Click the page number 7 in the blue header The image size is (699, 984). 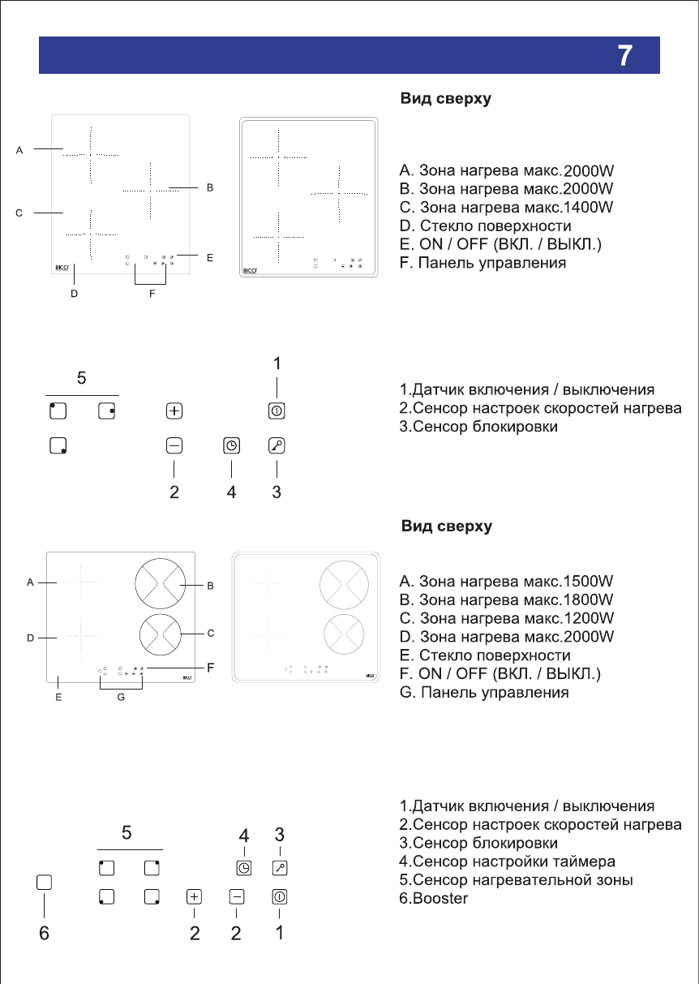(624, 55)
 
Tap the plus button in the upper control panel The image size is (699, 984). (174, 411)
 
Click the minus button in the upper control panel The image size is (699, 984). (174, 445)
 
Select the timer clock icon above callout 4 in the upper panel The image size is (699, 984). (231, 445)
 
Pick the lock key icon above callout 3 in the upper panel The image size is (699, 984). (277, 445)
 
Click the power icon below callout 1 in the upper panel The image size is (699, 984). (277, 411)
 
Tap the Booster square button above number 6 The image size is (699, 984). (45, 882)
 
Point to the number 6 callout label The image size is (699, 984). (45, 934)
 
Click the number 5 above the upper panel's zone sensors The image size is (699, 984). (81, 377)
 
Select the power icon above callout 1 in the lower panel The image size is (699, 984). (280, 896)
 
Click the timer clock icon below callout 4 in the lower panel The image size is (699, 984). (243, 868)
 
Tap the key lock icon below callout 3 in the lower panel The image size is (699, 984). (280, 868)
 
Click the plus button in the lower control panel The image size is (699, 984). (194, 896)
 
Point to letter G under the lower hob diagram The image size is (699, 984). (120, 697)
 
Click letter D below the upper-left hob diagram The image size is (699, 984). (74, 295)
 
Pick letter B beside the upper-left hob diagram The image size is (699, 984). (209, 187)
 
